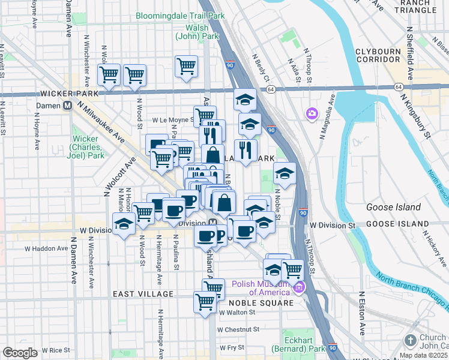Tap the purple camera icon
click(x=312, y=113)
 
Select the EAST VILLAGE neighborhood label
click(x=143, y=294)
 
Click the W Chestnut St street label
click(x=238, y=329)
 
